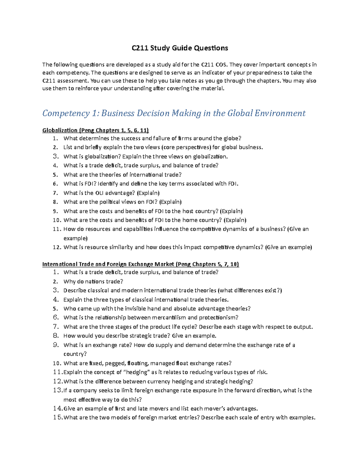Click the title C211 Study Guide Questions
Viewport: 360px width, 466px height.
180,48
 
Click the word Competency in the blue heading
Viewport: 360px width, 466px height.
66,113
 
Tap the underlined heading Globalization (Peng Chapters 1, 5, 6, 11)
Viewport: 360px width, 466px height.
95,130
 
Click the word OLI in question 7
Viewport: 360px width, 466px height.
99,193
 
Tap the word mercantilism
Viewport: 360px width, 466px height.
169,317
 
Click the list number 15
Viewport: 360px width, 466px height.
58,417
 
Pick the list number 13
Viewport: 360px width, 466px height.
58,390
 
